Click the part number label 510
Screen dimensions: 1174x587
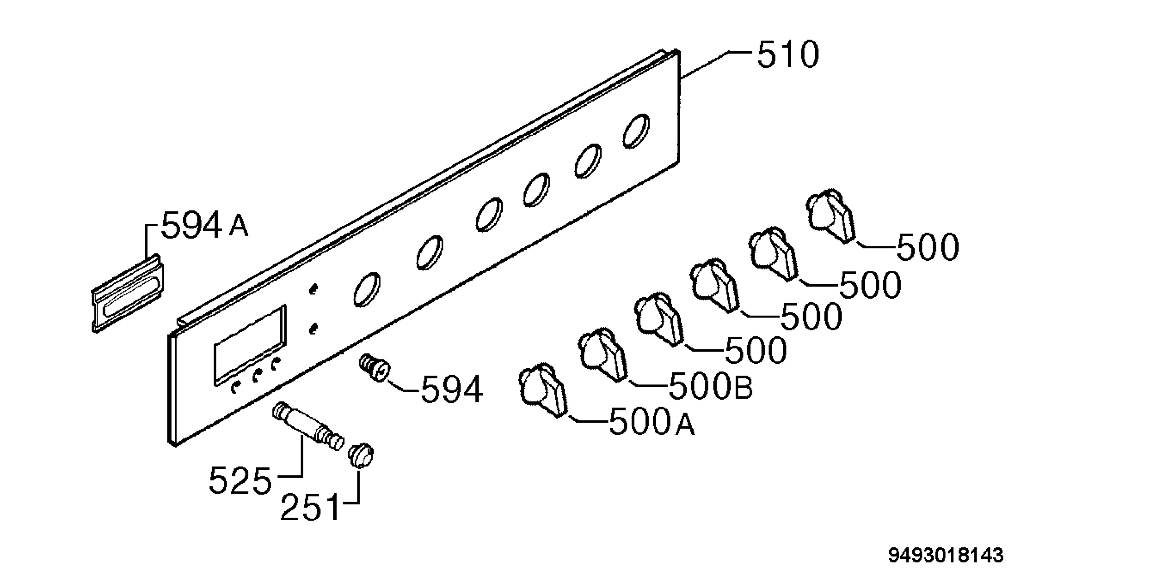click(788, 54)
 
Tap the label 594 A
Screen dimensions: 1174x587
click(204, 226)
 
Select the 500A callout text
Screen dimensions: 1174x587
click(652, 423)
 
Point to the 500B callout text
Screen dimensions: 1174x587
click(710, 387)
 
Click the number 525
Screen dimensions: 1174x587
click(240, 481)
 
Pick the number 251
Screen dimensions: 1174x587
click(310, 507)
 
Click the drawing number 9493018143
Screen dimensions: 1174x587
click(946, 555)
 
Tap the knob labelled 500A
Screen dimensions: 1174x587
click(542, 390)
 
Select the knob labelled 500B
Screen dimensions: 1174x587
click(602, 354)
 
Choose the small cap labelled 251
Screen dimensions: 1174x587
click(361, 455)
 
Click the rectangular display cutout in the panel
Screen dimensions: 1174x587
click(250, 345)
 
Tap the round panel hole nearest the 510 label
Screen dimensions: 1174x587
click(636, 131)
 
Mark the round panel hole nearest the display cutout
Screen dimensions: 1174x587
click(366, 290)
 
